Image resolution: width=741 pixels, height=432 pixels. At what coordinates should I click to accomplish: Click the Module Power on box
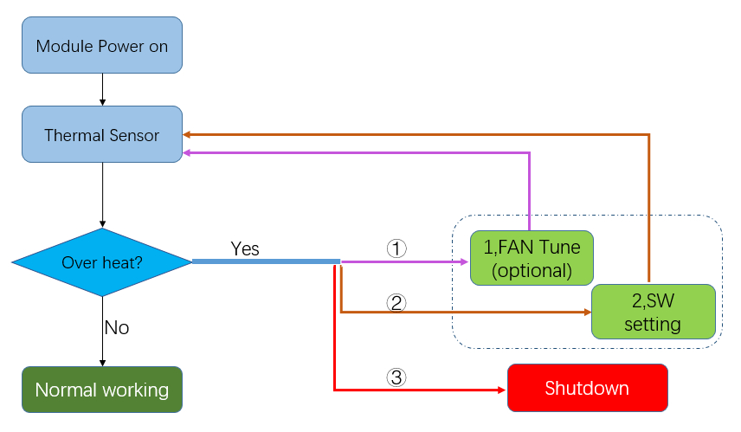(102, 45)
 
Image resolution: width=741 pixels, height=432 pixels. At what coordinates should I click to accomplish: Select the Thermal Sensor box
(102, 134)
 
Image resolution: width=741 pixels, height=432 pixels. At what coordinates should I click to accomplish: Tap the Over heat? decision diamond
(102, 262)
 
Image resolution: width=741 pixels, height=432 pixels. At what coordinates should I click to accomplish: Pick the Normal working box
(102, 390)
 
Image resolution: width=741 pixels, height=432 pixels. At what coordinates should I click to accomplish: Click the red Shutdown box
(588, 388)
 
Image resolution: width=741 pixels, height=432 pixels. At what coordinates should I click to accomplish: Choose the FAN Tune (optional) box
(532, 258)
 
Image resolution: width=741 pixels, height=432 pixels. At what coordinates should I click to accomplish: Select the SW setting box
(653, 312)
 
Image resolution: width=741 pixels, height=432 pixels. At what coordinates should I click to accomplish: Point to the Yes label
(245, 248)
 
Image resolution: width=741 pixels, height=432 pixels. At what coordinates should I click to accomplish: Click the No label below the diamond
(117, 327)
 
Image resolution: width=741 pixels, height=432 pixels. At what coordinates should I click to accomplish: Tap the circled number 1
(396, 248)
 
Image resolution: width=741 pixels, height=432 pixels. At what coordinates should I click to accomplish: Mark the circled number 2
(396, 302)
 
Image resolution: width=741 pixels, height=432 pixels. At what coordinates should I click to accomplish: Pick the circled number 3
(396, 377)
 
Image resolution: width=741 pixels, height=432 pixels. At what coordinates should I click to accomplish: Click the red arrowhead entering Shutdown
(502, 390)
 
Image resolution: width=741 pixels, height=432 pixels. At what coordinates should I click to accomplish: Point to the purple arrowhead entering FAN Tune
(465, 261)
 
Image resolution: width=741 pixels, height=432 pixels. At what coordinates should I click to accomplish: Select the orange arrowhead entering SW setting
(588, 312)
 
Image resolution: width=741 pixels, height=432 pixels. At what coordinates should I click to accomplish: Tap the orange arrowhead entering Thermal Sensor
(187, 135)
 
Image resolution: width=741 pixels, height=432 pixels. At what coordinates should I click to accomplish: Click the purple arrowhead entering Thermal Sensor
(187, 152)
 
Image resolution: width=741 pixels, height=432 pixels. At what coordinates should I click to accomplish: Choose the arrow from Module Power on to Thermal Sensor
(102, 89)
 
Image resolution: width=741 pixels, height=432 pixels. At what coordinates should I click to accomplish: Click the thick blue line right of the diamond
(266, 261)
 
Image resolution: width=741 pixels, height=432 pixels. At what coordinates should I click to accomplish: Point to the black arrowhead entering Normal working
(102, 363)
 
